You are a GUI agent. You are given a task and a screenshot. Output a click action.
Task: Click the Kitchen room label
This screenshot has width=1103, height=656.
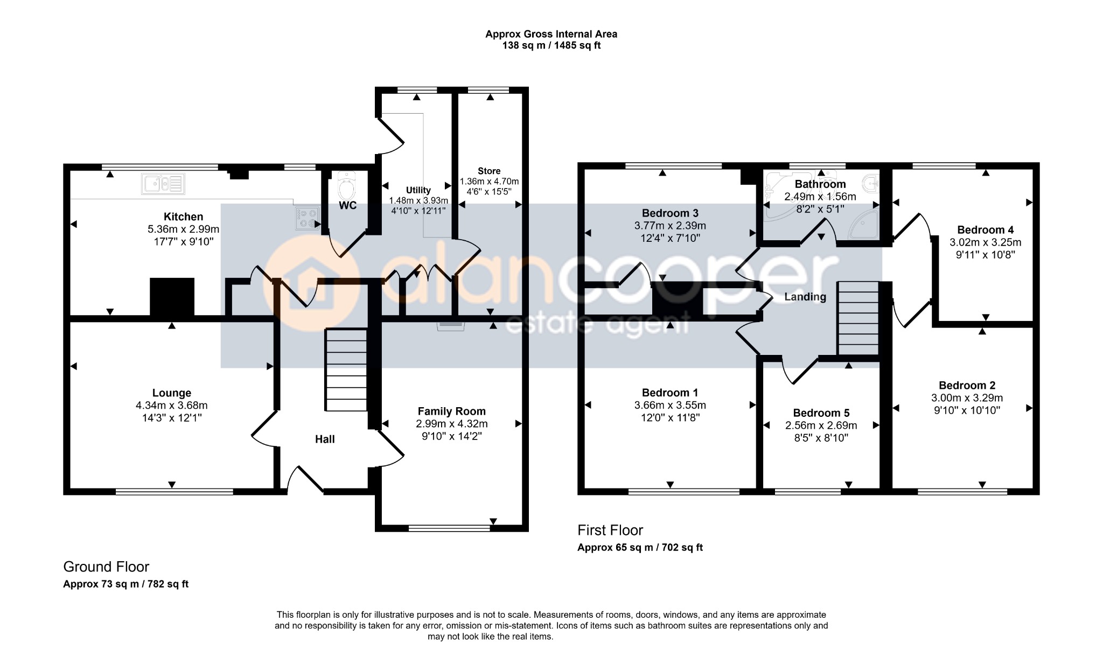183,217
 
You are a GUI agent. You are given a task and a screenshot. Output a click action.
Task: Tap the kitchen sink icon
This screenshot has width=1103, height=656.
163,184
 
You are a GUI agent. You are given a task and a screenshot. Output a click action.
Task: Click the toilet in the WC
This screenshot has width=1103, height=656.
347,186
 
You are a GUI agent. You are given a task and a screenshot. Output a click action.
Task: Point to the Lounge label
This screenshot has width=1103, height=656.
171,393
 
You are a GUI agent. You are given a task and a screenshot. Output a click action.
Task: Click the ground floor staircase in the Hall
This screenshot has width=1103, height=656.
346,370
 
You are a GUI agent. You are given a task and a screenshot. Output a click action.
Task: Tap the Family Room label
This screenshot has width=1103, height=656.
451,411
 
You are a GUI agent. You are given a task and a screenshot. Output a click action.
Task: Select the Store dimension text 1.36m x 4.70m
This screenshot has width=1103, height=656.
489,182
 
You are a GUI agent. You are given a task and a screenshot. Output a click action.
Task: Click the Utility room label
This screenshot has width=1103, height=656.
418,190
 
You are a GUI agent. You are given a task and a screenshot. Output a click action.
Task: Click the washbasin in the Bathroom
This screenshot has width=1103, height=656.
870,184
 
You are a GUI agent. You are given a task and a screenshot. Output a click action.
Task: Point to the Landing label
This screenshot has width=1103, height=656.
805,297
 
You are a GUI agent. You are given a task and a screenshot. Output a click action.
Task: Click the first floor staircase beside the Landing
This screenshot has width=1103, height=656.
858,318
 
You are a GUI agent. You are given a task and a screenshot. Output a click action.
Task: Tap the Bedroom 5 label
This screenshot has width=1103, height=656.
821,413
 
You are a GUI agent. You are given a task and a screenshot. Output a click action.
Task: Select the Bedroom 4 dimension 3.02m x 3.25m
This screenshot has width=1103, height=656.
985,242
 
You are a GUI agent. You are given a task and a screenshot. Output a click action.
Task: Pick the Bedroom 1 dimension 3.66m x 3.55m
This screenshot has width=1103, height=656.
670,406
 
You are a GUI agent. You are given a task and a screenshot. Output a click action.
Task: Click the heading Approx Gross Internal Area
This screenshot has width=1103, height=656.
551,34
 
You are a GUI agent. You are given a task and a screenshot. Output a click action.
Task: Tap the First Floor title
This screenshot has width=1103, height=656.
610,531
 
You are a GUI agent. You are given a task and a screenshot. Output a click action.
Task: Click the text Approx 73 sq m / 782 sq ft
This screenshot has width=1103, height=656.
125,584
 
